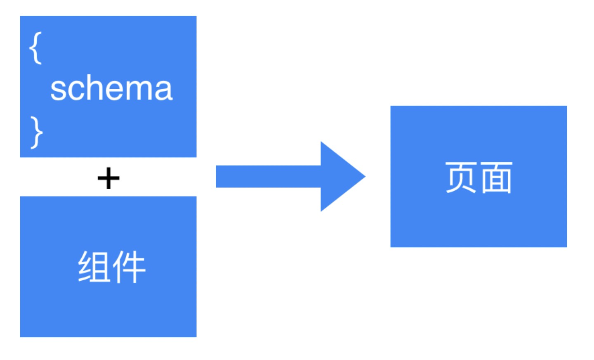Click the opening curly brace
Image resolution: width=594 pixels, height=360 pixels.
coord(36,48)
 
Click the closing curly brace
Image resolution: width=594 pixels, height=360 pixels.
coord(36,132)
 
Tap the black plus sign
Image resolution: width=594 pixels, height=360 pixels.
coord(108,178)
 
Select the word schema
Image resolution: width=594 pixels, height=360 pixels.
coord(111,88)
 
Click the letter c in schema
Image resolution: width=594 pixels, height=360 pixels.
coord(75,91)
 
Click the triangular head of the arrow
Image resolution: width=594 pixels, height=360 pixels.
coord(340,176)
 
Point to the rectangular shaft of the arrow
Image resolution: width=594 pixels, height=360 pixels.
coord(268,176)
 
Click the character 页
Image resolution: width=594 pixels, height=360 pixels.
coord(462,177)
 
